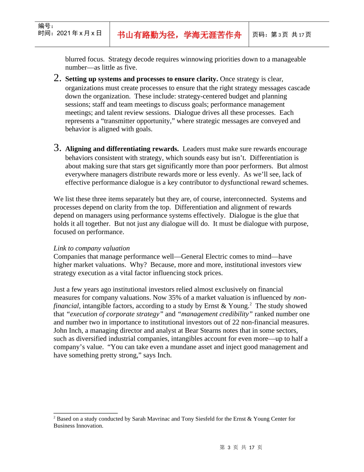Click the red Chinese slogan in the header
(179, 35)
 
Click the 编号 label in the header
(46, 26)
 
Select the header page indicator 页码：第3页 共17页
(282, 35)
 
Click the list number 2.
(57, 78)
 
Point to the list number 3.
(57, 148)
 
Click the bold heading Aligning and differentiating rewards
(122, 149)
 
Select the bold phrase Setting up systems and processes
(115, 79)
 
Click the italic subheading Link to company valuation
(92, 248)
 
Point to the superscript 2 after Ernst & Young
(251, 304)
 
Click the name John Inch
(67, 330)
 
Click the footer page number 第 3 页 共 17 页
(241, 447)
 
